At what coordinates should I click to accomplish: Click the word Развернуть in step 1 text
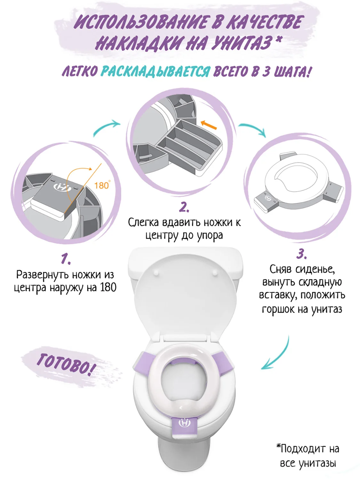pyautogui.click(x=44, y=275)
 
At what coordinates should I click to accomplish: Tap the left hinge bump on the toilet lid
pyautogui.click(x=156, y=273)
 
